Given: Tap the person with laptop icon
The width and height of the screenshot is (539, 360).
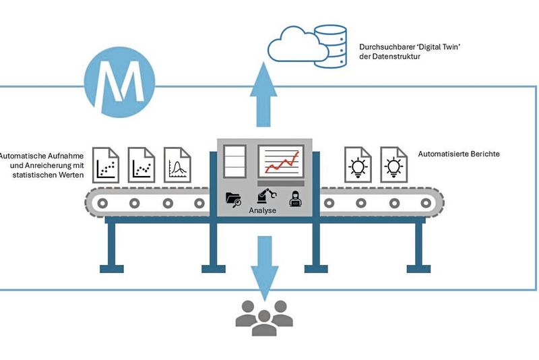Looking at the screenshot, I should (295, 198).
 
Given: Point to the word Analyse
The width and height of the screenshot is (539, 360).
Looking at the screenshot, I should (263, 210).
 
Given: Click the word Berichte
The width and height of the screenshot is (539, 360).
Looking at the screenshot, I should (483, 154).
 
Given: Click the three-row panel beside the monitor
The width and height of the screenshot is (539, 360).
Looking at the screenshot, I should (234, 162).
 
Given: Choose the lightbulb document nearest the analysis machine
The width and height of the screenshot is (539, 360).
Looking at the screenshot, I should (357, 164).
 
